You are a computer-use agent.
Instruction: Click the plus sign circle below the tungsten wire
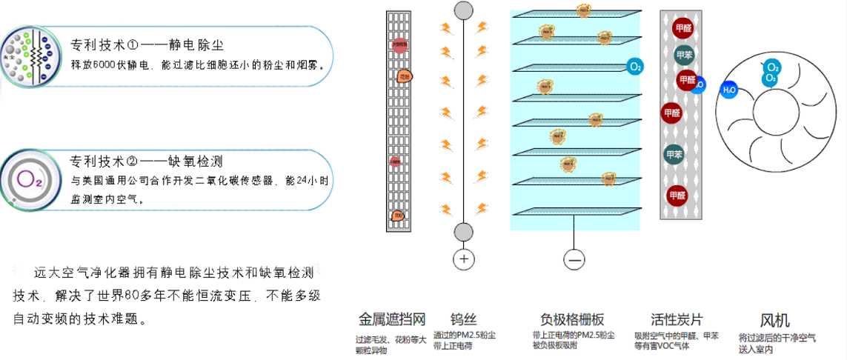[464, 259]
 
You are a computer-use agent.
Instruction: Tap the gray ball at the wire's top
[463, 10]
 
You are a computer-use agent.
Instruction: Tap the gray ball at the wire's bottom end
[463, 232]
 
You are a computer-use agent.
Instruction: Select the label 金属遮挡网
[391, 320]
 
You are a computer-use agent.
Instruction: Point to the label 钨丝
[463, 320]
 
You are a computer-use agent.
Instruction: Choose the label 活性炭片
[677, 320]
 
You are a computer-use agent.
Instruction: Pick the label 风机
[775, 320]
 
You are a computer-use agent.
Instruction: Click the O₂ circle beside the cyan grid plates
[635, 67]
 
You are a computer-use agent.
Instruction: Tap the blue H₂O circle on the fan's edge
[729, 90]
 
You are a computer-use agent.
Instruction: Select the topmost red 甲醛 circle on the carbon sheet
[682, 29]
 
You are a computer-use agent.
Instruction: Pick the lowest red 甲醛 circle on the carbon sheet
[677, 195]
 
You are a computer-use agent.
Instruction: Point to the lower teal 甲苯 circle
[674, 155]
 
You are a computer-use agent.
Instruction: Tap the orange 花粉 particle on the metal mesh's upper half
[404, 76]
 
